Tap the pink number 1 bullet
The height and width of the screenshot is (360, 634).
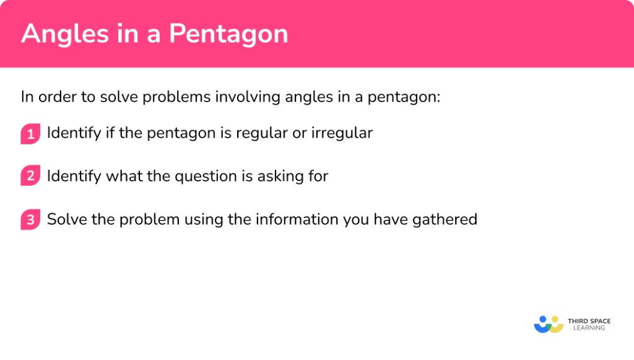coord(30,133)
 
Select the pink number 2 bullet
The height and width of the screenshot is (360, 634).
coord(30,176)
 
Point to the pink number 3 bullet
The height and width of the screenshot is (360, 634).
coord(30,219)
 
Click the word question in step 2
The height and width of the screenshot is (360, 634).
coord(206,176)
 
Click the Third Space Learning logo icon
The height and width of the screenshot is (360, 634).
coord(548,324)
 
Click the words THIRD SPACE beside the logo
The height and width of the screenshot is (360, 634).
coord(589,320)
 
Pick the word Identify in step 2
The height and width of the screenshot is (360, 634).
coord(74,176)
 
